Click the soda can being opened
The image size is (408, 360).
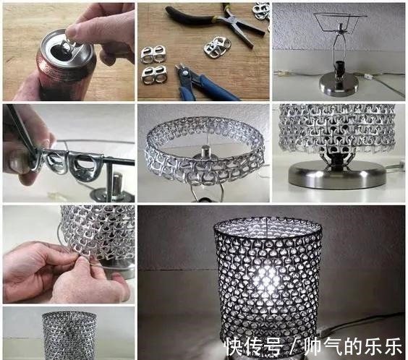pyautogui.click(x=58, y=72)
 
